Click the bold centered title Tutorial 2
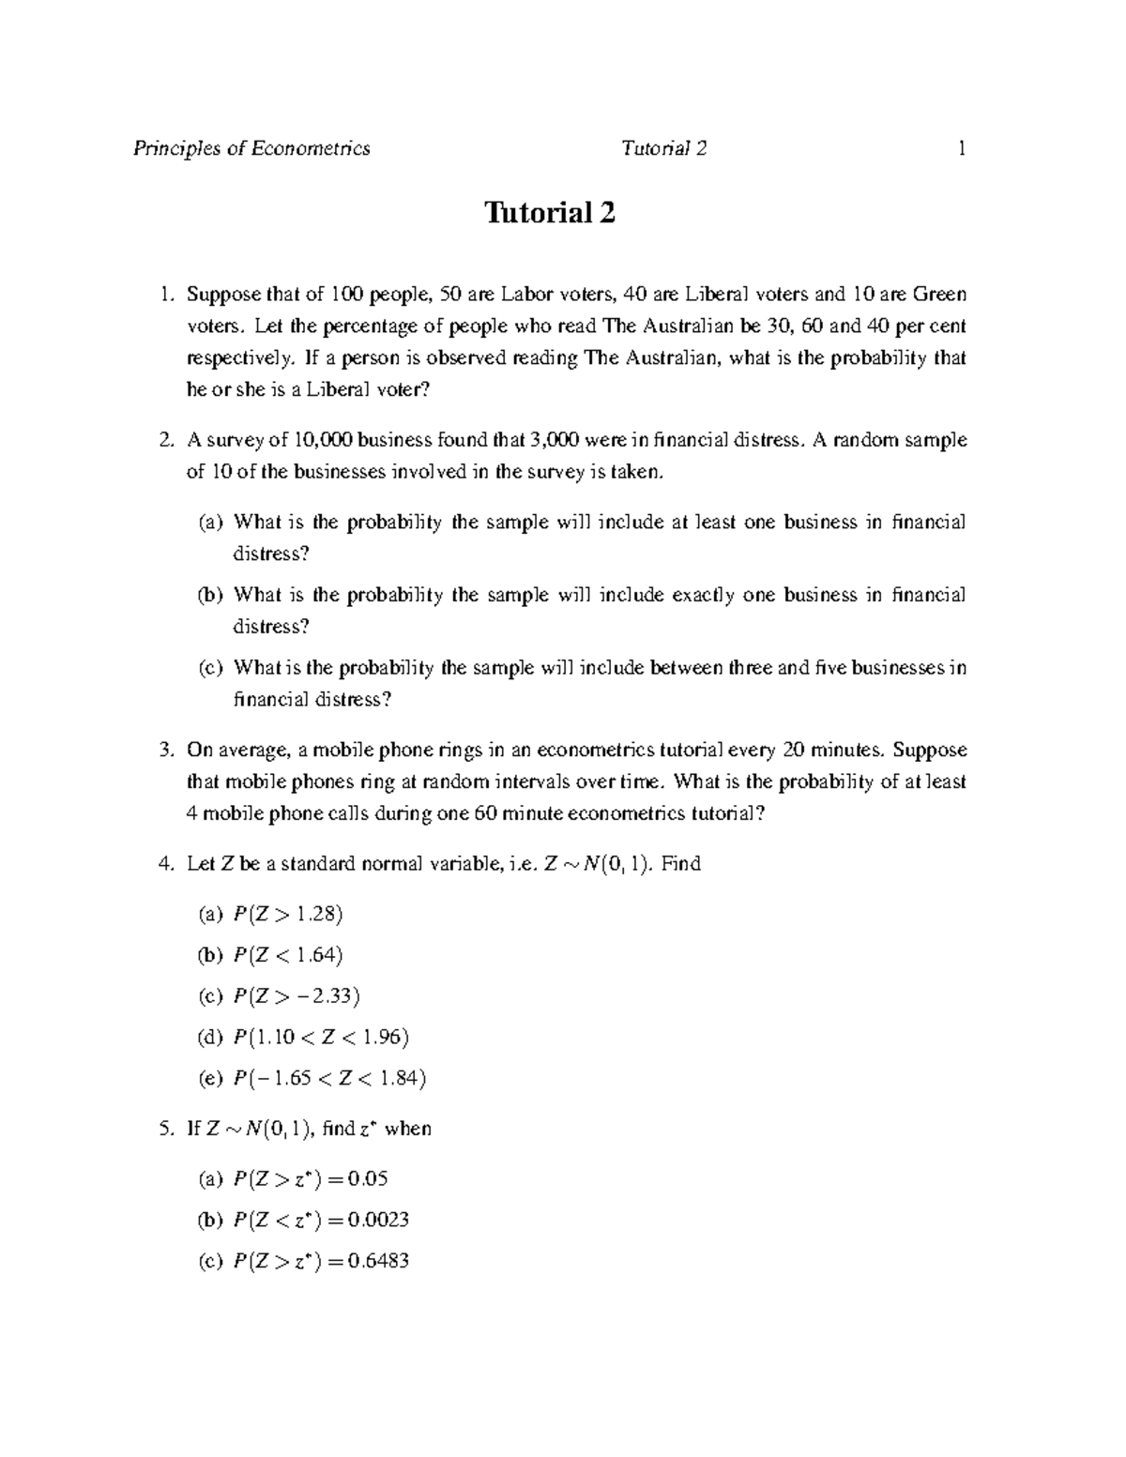point(550,214)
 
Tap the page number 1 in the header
point(961,148)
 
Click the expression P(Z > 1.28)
point(288,914)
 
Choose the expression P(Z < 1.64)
point(288,955)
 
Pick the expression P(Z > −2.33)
point(297,995)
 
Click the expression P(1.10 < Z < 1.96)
point(321,1037)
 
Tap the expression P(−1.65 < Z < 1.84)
point(329,1078)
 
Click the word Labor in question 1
point(525,295)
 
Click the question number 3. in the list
point(166,750)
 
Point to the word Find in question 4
point(681,863)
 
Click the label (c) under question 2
point(211,668)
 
